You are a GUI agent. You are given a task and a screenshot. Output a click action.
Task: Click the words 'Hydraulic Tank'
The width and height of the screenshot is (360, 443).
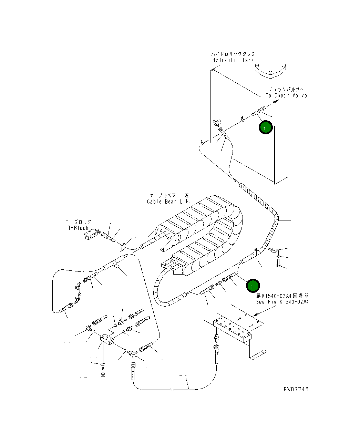coord(233,60)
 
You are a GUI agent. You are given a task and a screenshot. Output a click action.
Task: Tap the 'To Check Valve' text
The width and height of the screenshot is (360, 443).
coord(286,95)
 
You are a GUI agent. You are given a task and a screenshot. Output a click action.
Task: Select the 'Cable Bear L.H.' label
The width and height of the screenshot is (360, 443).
coord(168,202)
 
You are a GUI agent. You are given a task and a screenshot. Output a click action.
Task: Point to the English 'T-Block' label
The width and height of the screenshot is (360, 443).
coord(78,228)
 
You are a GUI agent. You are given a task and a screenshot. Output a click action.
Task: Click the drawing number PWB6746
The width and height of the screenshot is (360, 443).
coord(296,389)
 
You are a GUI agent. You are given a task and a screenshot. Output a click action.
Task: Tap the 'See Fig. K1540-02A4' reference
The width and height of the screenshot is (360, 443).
coord(282,302)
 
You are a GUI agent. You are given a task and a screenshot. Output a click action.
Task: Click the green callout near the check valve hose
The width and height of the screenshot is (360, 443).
coord(266,127)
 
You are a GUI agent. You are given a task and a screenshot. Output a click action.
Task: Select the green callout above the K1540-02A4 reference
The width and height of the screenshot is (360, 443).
coord(253,286)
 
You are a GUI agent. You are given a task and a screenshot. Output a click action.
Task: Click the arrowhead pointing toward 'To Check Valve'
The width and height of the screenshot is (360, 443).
coord(276,102)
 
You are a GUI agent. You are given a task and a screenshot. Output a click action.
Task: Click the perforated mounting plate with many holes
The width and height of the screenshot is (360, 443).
coord(232,329)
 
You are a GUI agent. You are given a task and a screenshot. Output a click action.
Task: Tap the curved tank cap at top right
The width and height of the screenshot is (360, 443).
coord(270,71)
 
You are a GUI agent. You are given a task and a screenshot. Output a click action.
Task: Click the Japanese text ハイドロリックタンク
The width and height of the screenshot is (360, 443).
coord(233,54)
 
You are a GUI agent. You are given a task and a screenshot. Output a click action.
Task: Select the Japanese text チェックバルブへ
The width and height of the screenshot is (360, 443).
coord(286,90)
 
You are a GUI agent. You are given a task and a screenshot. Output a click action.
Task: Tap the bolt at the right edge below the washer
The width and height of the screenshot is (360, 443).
coord(278,263)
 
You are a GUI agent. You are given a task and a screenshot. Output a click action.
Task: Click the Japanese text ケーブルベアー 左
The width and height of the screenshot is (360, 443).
coord(169,196)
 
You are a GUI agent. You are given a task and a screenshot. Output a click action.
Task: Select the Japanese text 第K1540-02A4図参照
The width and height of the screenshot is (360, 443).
coord(282,296)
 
